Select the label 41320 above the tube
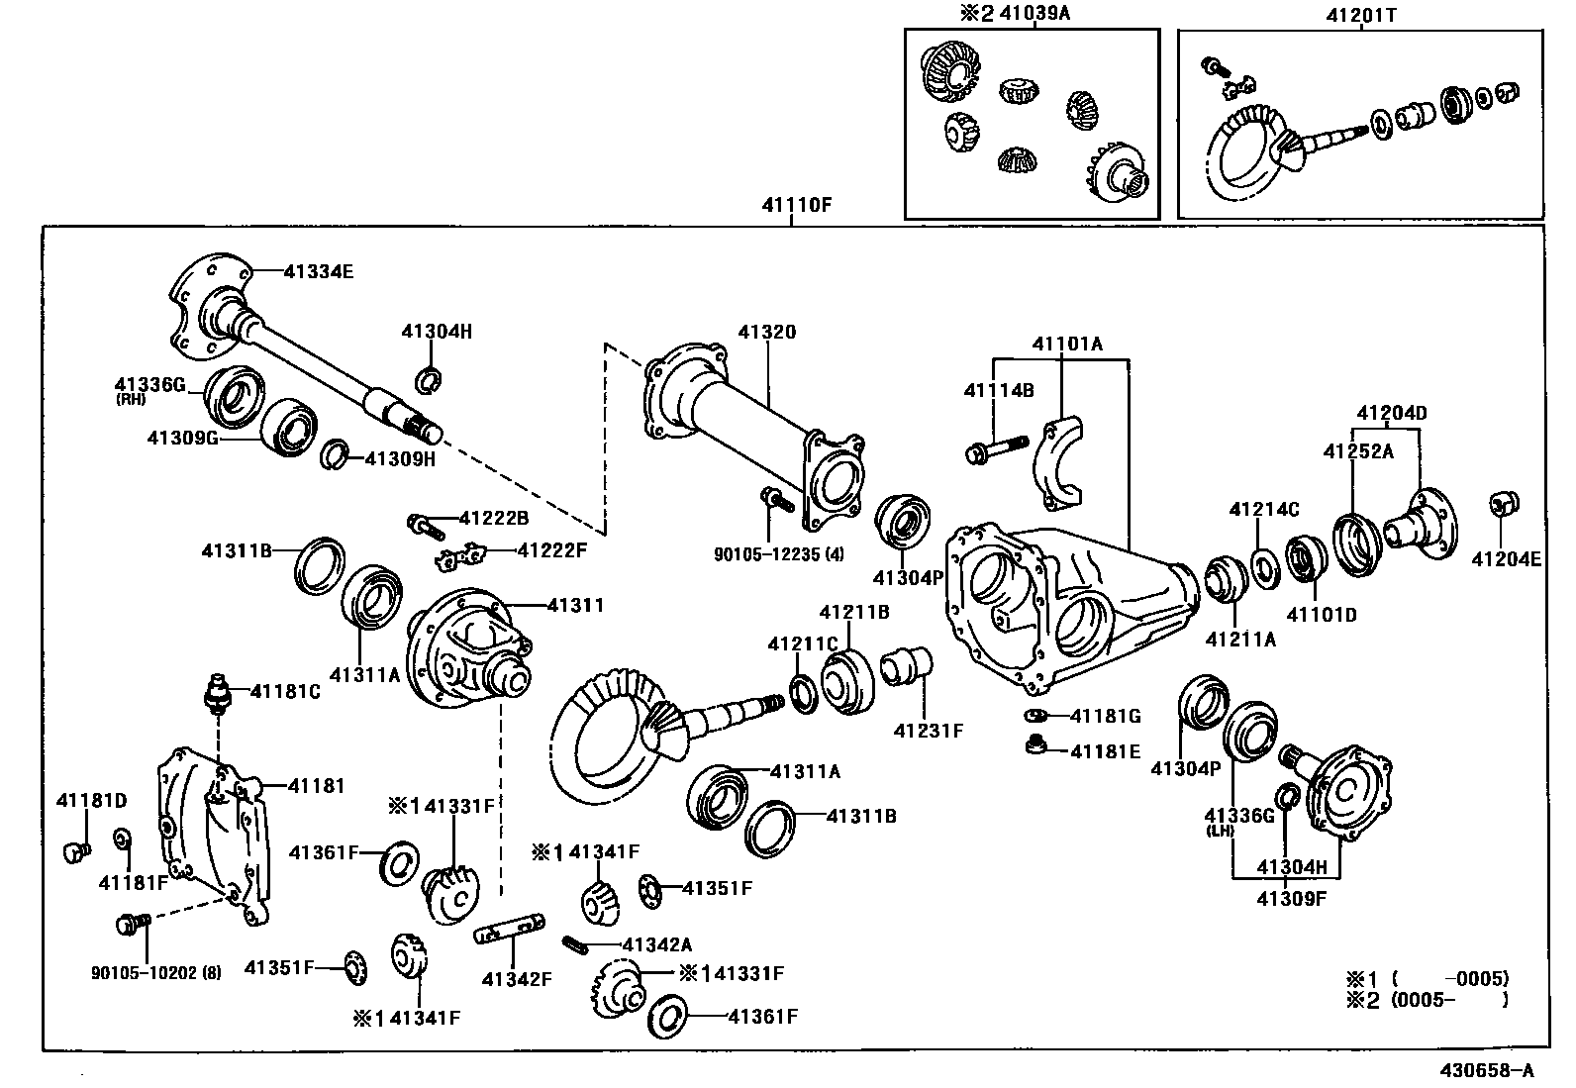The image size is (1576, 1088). tap(766, 332)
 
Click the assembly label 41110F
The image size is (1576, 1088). tap(797, 206)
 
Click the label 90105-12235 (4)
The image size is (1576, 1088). tap(779, 554)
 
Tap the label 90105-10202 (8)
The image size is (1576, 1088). tap(156, 972)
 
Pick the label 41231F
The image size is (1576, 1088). tap(928, 731)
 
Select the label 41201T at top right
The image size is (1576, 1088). tap(1360, 15)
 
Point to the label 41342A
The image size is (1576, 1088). tap(657, 945)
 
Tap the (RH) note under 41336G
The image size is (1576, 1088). tap(131, 400)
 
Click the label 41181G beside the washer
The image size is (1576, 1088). tap(1106, 716)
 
